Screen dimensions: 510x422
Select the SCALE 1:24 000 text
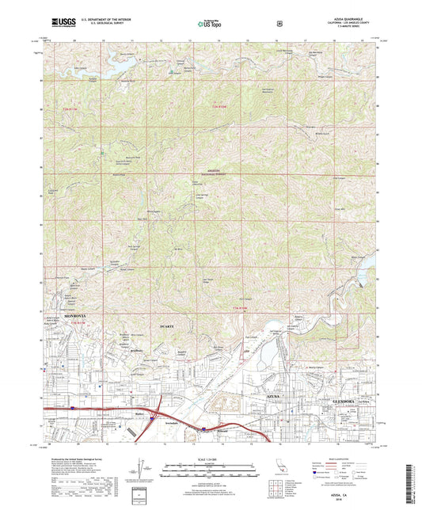(x=211, y=459)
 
